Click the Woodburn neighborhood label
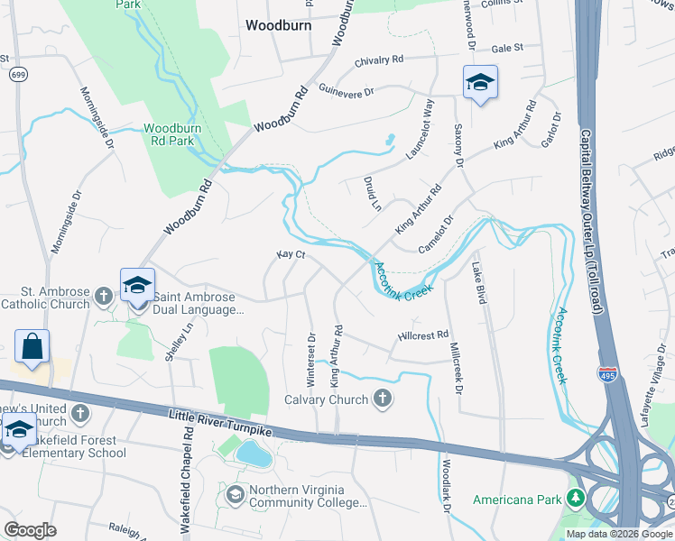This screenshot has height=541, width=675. click(279, 25)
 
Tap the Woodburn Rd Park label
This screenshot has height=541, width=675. click(169, 134)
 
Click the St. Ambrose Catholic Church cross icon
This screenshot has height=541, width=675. click(104, 295)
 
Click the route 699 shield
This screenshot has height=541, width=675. click(18, 75)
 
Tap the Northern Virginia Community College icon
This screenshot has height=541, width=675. click(235, 495)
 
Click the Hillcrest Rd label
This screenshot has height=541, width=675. click(423, 335)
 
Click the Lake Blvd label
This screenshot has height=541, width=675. click(478, 282)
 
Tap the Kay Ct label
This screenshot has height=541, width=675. click(291, 255)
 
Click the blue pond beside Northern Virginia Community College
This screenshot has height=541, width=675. click(254, 454)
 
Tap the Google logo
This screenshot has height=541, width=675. click(30, 529)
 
